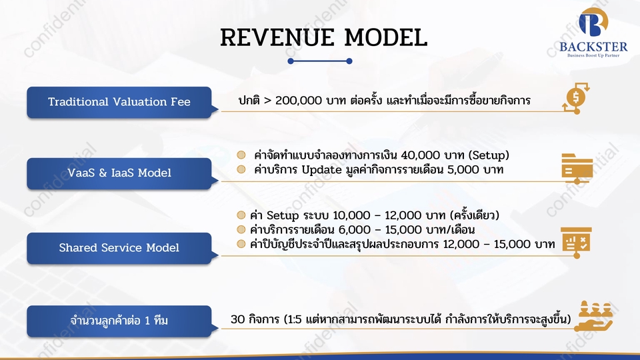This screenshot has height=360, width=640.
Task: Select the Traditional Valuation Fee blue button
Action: click(x=119, y=102)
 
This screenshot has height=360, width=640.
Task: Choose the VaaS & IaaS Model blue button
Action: click(x=119, y=173)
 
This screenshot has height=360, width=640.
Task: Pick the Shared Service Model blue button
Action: click(x=119, y=248)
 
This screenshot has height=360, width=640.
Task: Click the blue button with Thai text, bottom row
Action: click(x=119, y=321)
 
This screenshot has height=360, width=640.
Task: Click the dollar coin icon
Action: click(x=575, y=99)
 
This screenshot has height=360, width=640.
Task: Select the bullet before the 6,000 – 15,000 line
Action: click(x=241, y=230)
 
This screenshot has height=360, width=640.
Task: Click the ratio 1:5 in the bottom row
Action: click(x=293, y=320)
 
